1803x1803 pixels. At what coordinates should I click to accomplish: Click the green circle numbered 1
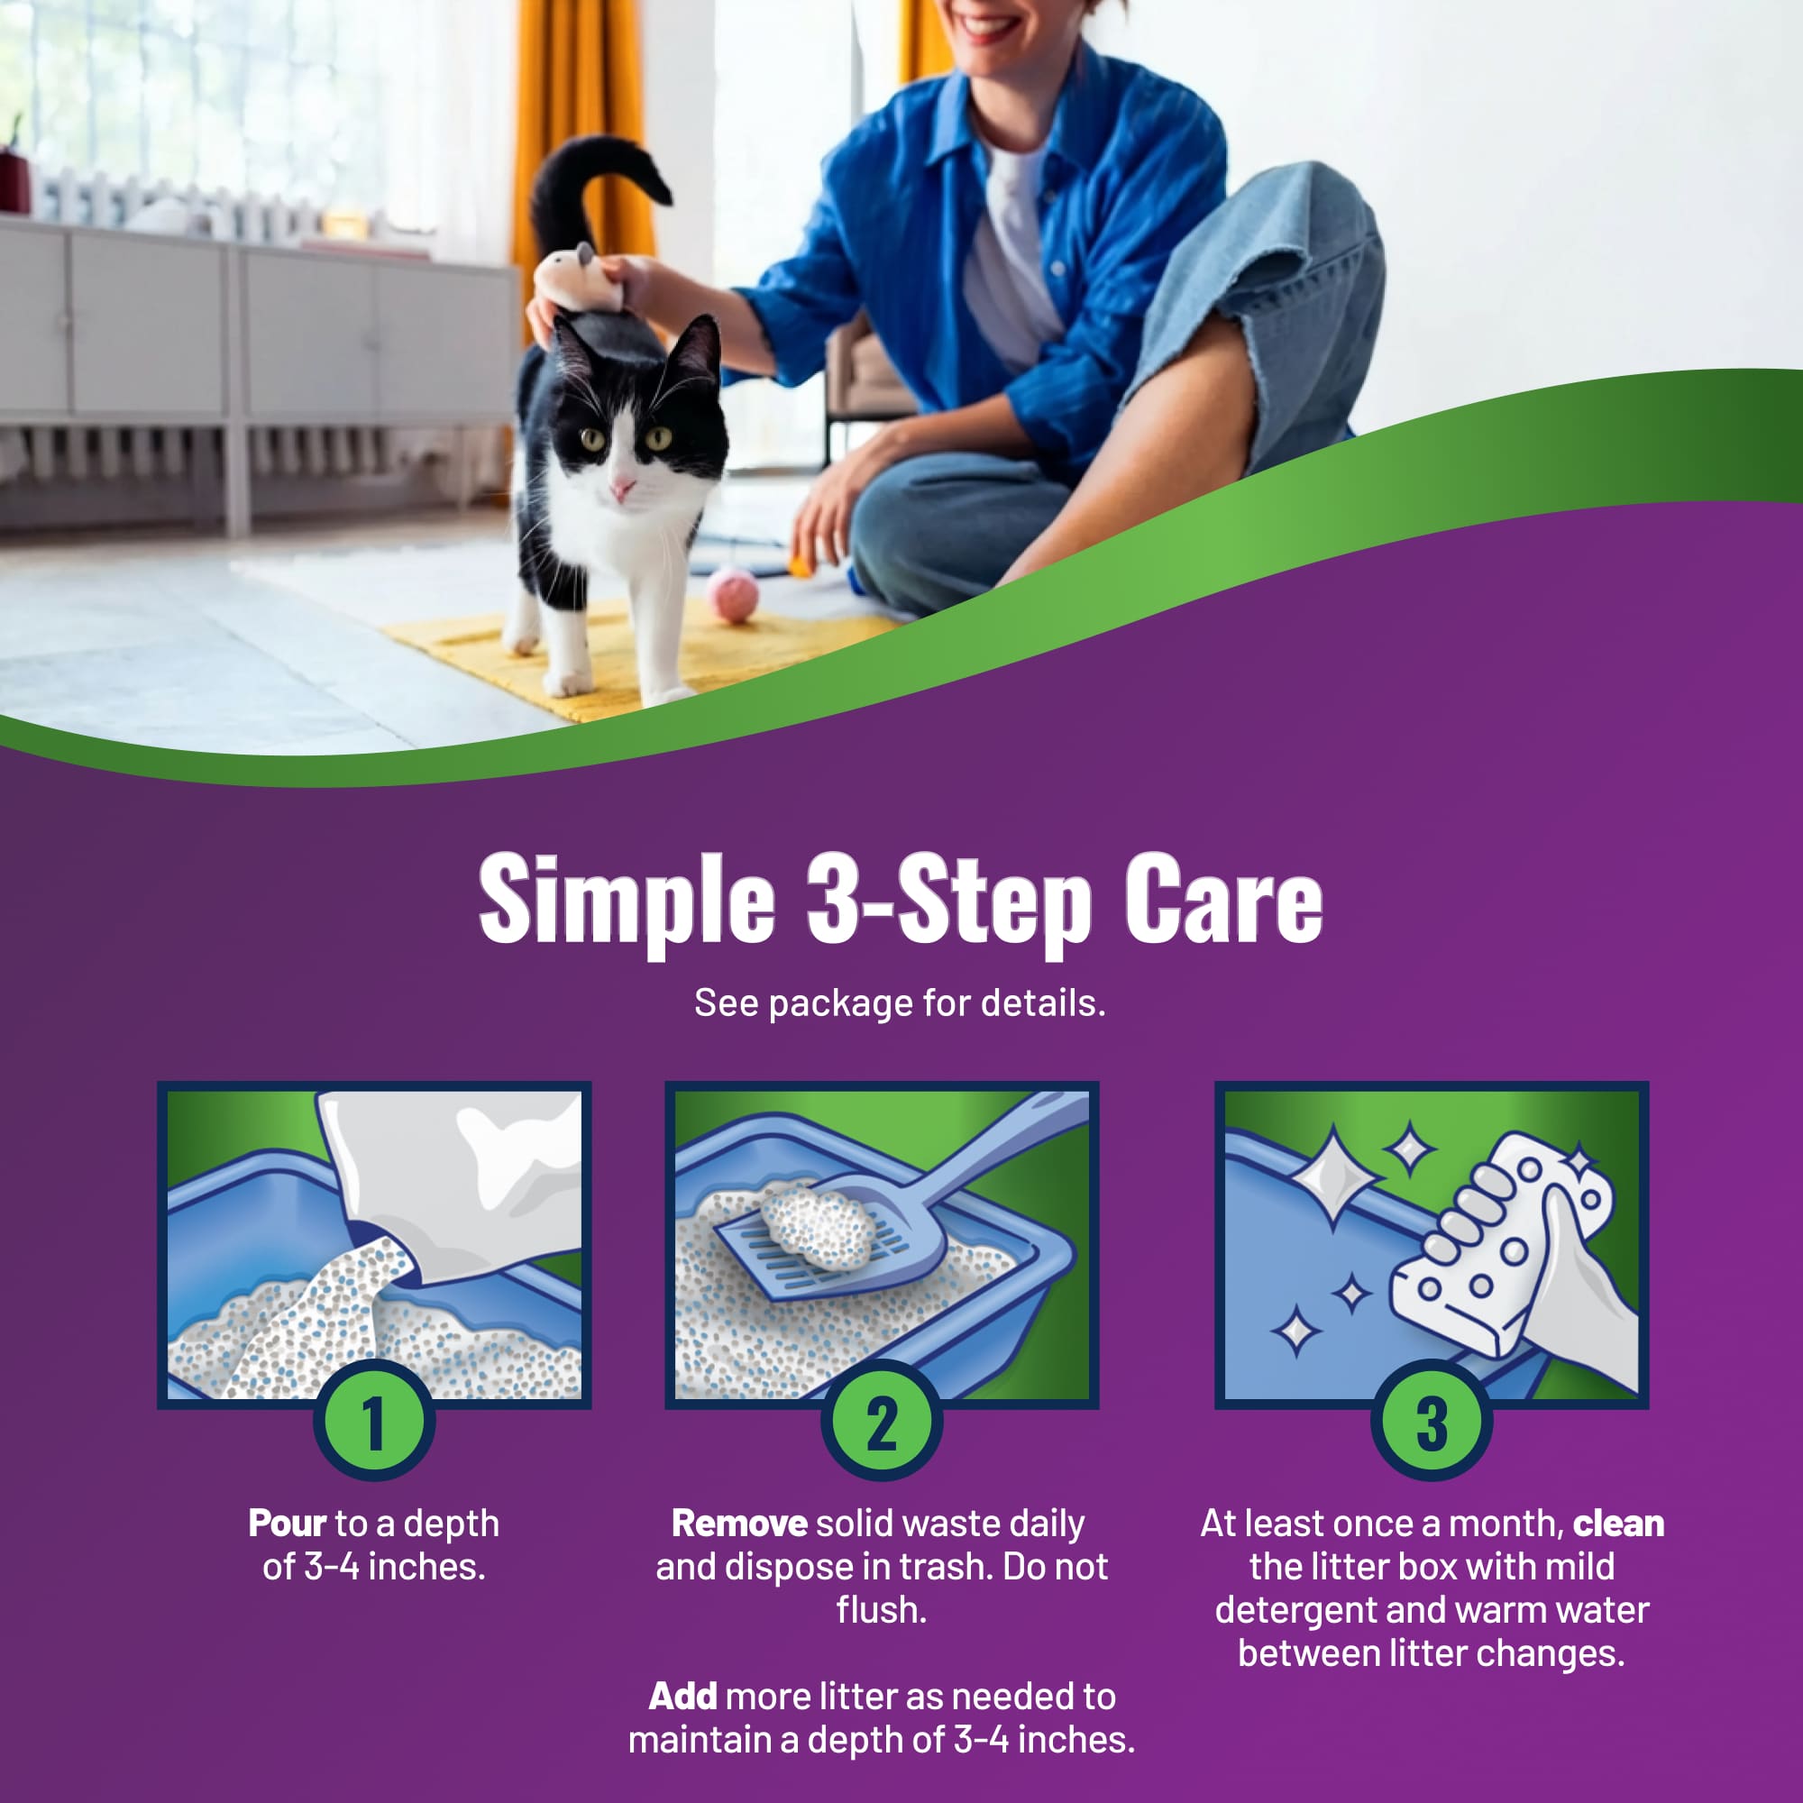pyautogui.click(x=373, y=1422)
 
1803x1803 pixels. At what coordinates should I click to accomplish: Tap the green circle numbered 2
pyautogui.click(x=881, y=1422)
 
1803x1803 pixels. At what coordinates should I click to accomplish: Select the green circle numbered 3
pyautogui.click(x=1432, y=1422)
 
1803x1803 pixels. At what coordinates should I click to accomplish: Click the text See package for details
pyautogui.click(x=900, y=1003)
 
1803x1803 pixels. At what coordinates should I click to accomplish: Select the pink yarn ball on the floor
pyautogui.click(x=733, y=595)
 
